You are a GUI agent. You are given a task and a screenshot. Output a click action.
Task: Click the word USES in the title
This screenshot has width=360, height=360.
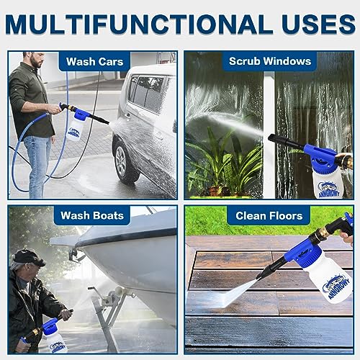point(318,24)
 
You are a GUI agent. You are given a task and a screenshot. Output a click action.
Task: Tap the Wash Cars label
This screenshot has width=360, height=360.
point(94,62)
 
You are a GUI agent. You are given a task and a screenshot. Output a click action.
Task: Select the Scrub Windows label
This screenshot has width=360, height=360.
point(270,61)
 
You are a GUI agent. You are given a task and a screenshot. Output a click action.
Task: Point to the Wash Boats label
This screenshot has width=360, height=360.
point(92,215)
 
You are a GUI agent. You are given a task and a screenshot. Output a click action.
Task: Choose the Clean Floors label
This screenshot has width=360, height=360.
point(269,216)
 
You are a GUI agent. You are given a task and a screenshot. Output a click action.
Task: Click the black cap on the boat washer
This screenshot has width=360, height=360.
point(28,258)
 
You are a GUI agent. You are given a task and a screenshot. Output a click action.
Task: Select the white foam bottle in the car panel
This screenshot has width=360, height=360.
point(74,129)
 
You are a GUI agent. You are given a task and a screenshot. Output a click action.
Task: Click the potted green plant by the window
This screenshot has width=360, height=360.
point(223,163)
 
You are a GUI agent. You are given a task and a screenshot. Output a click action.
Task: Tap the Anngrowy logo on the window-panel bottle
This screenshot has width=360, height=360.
point(329,189)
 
